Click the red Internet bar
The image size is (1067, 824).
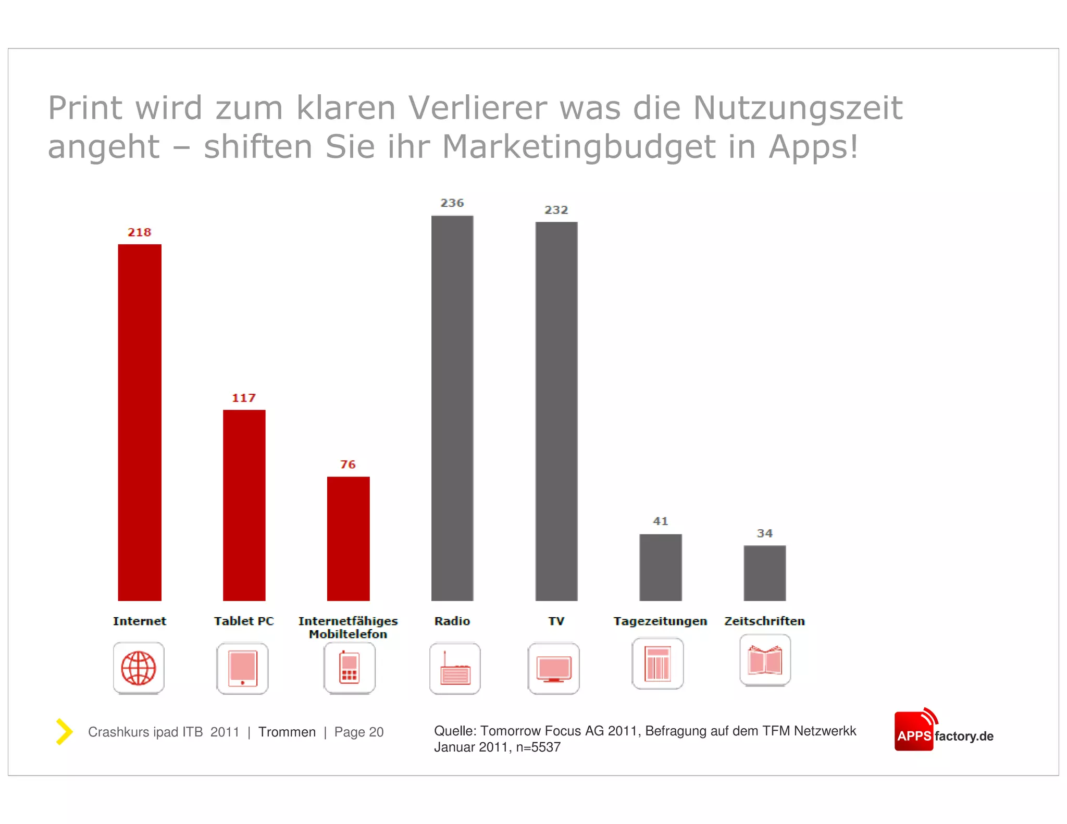click(140, 422)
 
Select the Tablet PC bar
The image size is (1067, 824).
click(244, 505)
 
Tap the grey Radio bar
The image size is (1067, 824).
click(452, 408)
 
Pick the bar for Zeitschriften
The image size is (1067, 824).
click(764, 573)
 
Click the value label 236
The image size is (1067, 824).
click(452, 203)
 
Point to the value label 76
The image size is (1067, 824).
click(348, 464)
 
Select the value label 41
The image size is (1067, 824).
click(660, 521)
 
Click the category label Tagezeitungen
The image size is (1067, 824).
click(660, 621)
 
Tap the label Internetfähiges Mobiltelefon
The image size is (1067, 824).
click(348, 627)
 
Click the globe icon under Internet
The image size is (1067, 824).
click(139, 668)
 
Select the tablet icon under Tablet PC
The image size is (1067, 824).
click(242, 668)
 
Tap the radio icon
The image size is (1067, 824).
click(455, 668)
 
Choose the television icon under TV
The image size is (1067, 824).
click(553, 668)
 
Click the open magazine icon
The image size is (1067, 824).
click(765, 660)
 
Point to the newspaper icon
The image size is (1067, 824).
click(657, 663)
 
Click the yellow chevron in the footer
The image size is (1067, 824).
click(64, 731)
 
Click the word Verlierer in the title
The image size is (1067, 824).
click(477, 108)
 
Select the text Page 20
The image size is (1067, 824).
click(358, 732)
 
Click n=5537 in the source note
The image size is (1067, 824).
click(538, 747)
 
